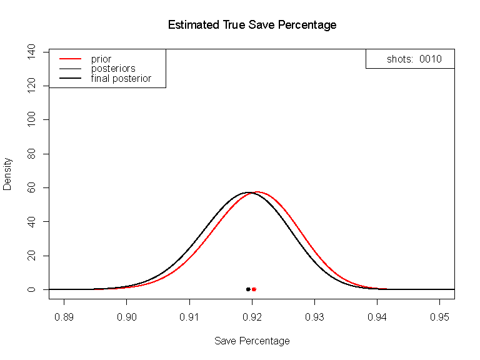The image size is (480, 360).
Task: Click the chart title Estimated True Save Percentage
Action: [x=252, y=26]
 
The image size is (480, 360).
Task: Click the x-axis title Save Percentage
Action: [x=252, y=341]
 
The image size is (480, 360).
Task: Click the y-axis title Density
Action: [x=7, y=173]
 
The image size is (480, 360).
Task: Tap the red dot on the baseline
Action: [x=254, y=289]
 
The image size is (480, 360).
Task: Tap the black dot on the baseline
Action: [x=248, y=289]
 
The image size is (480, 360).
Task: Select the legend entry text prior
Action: [x=101, y=59]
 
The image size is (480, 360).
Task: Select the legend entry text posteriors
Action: [x=113, y=68]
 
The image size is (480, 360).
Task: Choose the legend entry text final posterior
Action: [x=121, y=78]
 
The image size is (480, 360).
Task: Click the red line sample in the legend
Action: [x=70, y=59]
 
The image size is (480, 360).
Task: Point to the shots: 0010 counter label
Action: [x=414, y=59]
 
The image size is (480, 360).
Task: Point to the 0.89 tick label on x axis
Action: [x=64, y=317]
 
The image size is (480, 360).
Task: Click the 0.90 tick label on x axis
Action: [x=127, y=317]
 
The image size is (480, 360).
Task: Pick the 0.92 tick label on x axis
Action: [x=252, y=317]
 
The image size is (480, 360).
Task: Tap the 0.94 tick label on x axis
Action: [x=377, y=317]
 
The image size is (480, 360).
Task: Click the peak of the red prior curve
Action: [x=256, y=192]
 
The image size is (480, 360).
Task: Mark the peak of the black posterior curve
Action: [x=248, y=192]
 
